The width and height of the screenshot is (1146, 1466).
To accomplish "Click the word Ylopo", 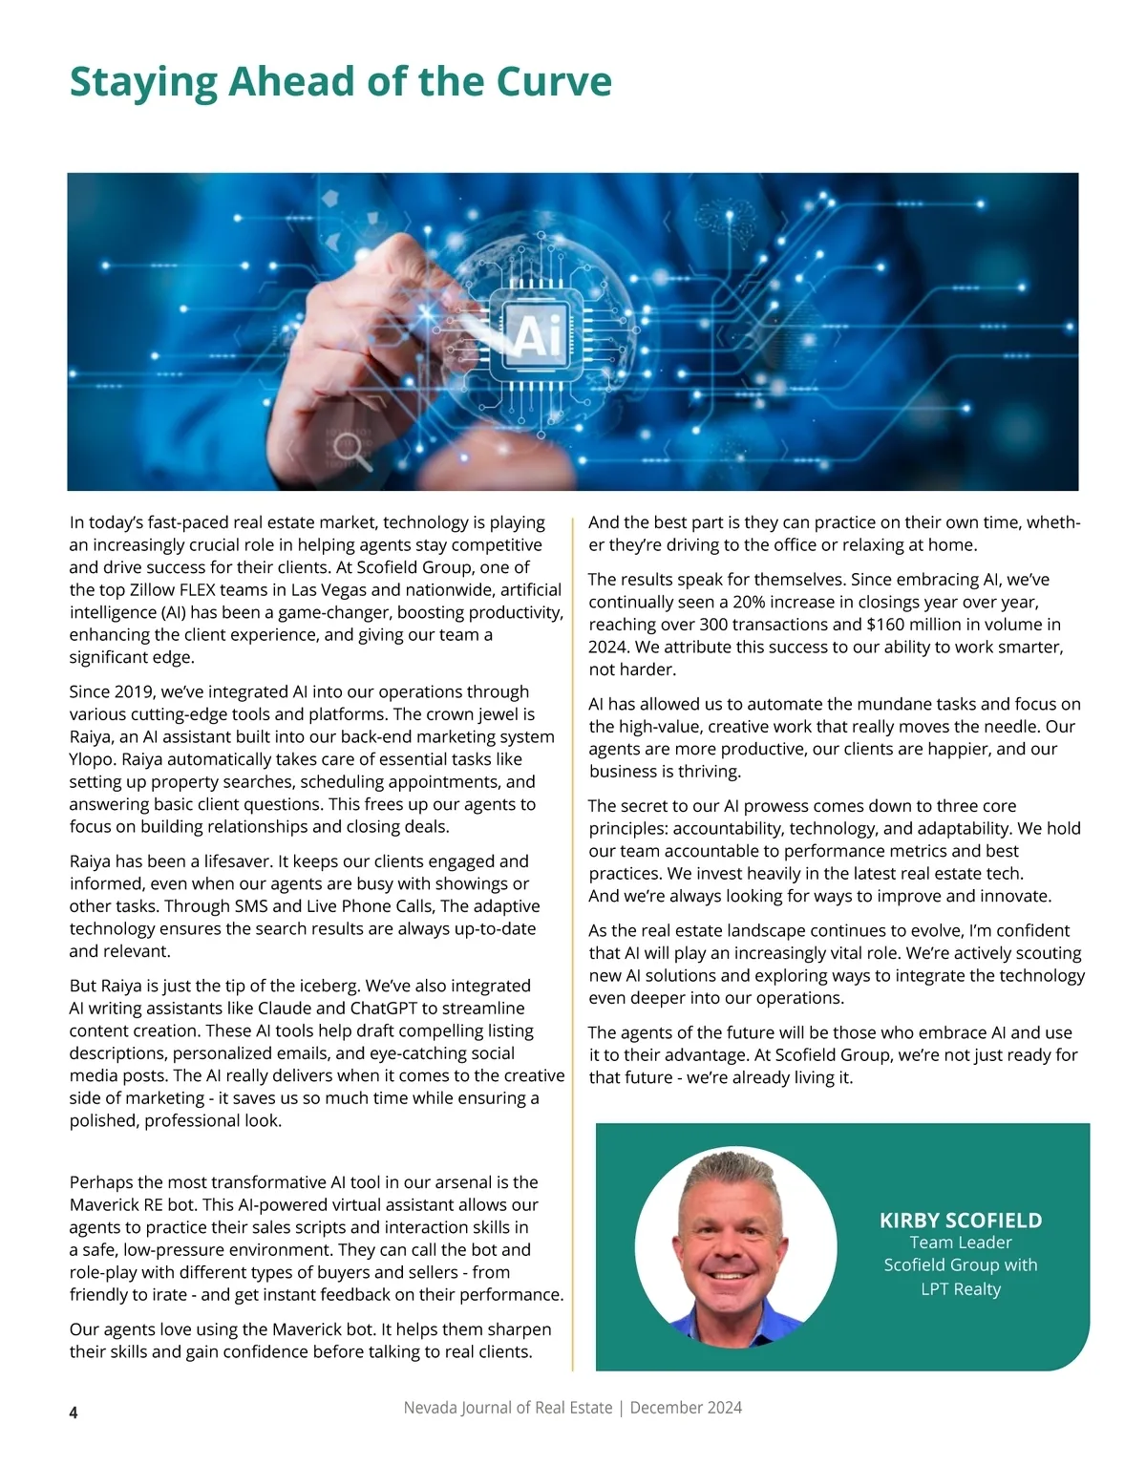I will point(94,759).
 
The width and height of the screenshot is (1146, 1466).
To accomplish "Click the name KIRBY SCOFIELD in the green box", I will point(960,1221).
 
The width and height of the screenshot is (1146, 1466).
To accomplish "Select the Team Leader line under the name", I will point(960,1243).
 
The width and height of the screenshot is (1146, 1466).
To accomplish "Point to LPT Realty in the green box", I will point(960,1289).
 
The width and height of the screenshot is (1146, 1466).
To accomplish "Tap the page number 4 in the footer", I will point(74,1413).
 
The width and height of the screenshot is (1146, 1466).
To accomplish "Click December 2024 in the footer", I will point(686,1408).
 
